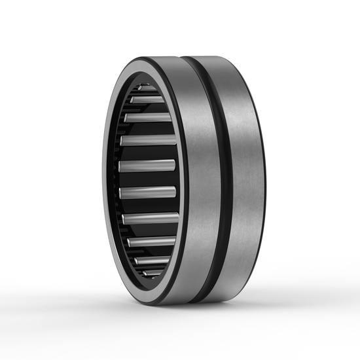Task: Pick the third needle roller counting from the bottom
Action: coord(151,242)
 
